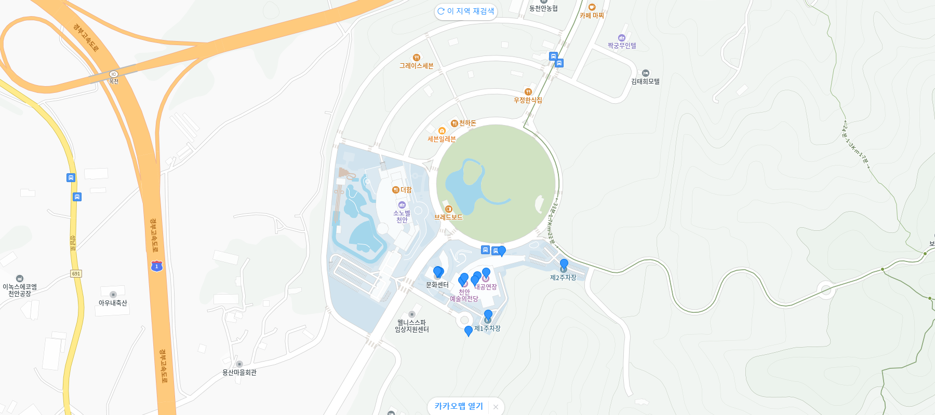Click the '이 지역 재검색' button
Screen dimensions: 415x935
[466, 11]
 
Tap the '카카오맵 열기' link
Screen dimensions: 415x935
[459, 406]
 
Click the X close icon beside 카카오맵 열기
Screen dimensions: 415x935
[496, 407]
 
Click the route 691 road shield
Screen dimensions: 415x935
[76, 273]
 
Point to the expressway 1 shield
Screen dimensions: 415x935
[156, 266]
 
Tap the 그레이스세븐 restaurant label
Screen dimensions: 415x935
[416, 65]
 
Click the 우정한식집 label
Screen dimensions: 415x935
[528, 100]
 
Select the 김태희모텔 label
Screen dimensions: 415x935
[645, 81]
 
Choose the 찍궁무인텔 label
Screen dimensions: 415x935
[622, 45]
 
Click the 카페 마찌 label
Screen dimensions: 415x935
[592, 15]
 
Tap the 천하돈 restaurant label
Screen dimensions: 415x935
[467, 123]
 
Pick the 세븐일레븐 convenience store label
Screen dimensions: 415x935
[442, 139]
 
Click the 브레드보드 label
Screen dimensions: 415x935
[448, 217]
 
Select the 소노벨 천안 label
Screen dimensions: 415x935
[402, 216]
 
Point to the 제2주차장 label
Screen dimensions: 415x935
[563, 278]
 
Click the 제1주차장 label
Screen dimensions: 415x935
[487, 328]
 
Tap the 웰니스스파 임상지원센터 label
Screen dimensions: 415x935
[412, 326]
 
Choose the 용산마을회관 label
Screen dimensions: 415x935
[239, 372]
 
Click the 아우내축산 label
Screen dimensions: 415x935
[113, 302]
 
